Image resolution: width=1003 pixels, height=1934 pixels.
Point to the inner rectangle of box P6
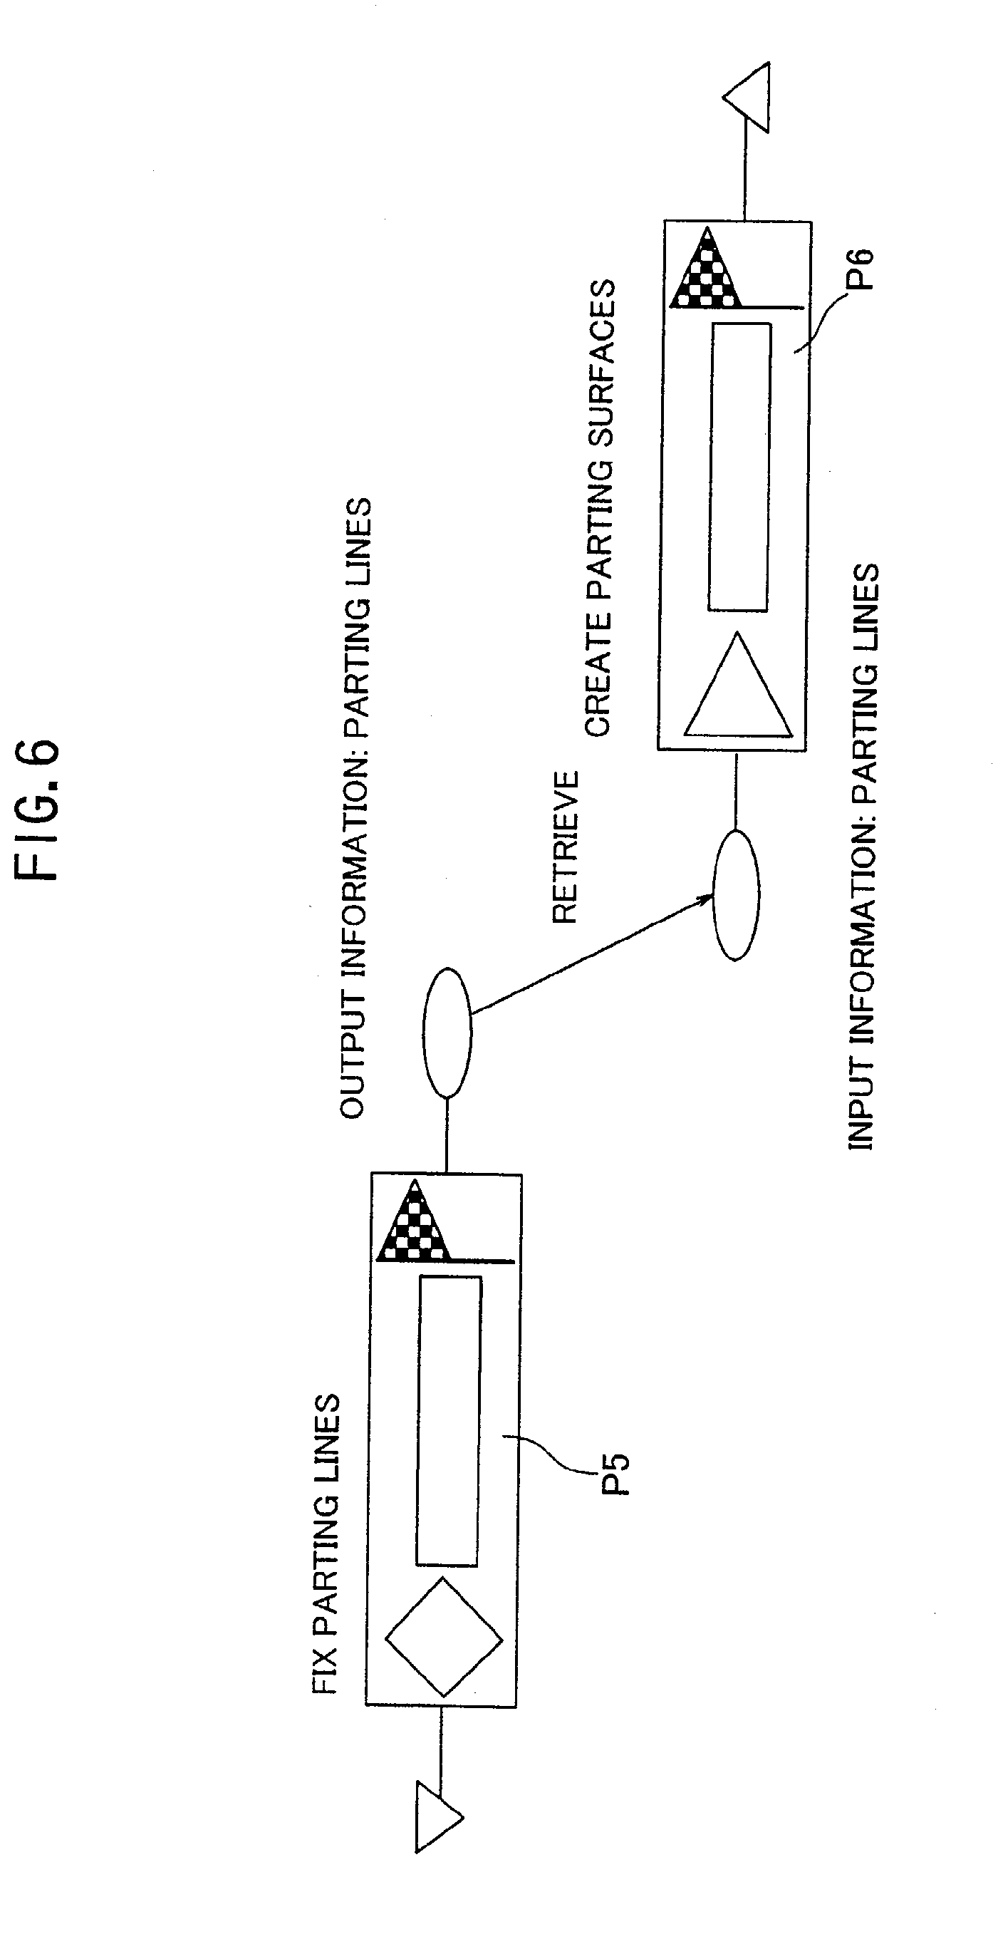tap(739, 467)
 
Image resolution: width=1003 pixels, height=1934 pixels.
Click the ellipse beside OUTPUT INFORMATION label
tap(447, 1032)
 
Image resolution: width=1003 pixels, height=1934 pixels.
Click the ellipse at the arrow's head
tap(736, 894)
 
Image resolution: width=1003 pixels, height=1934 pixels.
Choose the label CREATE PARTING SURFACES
tap(601, 508)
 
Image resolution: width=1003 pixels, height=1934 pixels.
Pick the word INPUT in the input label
tap(863, 1105)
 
